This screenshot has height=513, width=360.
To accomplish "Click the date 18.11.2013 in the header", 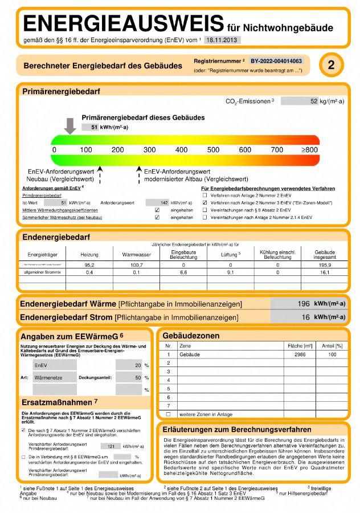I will [x=221, y=40].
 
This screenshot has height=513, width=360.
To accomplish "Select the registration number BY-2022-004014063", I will [x=276, y=60].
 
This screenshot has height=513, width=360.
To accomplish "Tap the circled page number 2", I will [x=331, y=66].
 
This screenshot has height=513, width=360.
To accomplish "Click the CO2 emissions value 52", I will [x=313, y=101].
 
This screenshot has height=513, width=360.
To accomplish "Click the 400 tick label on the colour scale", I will [x=181, y=150].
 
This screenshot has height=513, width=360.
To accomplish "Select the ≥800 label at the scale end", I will [x=310, y=150].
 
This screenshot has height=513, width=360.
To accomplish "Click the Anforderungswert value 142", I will [x=164, y=202].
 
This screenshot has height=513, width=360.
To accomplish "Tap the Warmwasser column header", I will [x=133, y=254].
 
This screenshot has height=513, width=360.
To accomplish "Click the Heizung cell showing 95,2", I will [x=89, y=265].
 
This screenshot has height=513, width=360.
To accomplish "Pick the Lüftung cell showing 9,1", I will [x=231, y=273].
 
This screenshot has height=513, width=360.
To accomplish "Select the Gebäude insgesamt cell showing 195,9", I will [x=325, y=265].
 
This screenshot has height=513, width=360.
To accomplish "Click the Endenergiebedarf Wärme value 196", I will [x=303, y=304].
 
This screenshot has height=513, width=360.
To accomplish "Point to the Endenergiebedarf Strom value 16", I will [x=305, y=317].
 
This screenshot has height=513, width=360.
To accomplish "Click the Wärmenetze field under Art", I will [x=54, y=377].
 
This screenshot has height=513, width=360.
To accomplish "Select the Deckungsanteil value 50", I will [x=137, y=377].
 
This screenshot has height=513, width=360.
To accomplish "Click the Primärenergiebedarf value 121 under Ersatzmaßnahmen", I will [x=111, y=446].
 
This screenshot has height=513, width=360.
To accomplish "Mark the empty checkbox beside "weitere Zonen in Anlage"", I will [x=168, y=414].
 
